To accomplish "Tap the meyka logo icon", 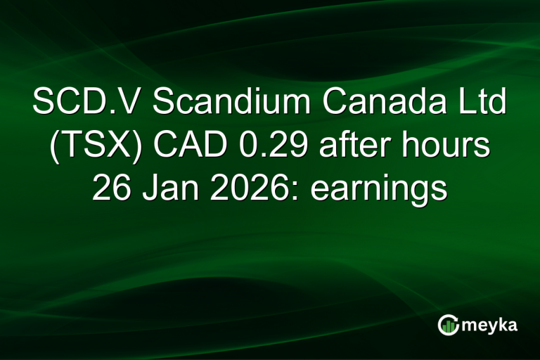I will point(448,324).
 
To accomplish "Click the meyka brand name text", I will point(491,325).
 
